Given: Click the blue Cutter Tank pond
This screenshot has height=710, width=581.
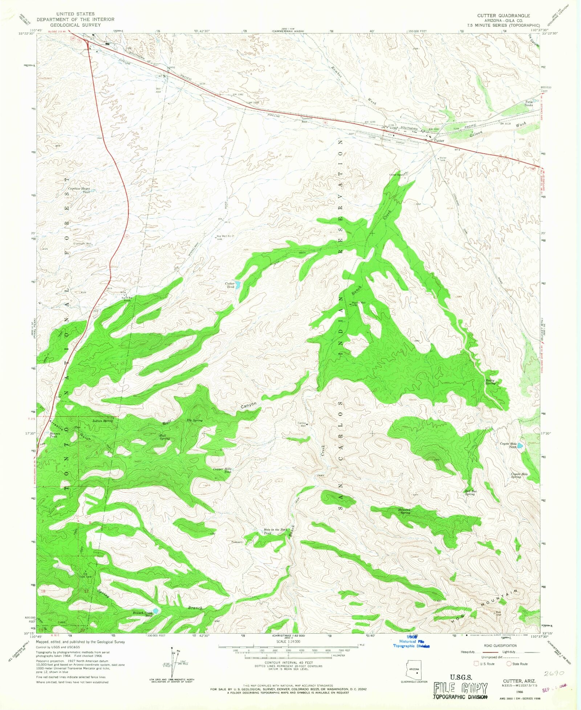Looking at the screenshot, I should pos(237,285).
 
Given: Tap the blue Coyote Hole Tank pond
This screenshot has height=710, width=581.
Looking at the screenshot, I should pos(520,445).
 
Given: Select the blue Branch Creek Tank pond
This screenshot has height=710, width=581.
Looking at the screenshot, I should pos(156,611).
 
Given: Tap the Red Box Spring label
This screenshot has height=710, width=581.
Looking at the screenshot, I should pos(471,493).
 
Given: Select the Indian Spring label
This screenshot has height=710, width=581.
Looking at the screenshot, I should pos(102,421).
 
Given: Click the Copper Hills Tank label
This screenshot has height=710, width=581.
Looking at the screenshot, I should pos(222,470).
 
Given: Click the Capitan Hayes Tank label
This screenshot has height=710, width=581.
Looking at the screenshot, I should pos(79,190).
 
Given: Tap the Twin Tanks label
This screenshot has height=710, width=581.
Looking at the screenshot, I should pos(528,104).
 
